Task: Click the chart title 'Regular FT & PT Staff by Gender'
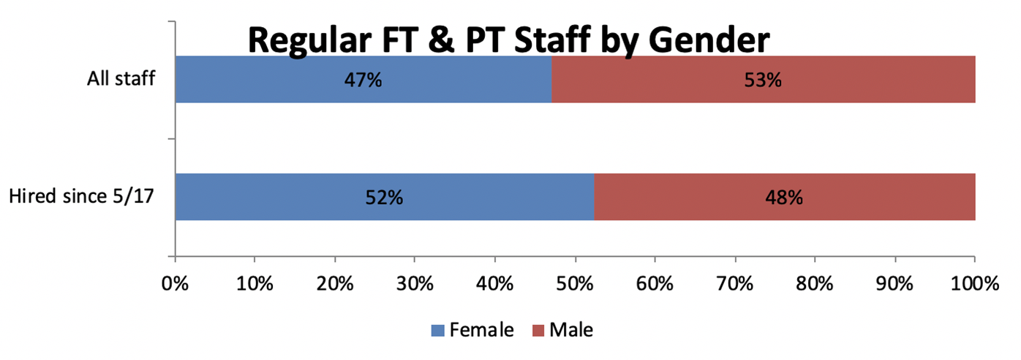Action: tap(508, 40)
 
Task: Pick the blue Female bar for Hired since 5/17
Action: tap(293, 197)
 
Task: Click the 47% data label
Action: tap(363, 79)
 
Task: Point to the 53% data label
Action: tap(763, 79)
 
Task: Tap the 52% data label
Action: tap(384, 197)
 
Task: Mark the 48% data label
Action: tap(784, 197)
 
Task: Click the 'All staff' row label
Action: tap(121, 78)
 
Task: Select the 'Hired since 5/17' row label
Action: tap(82, 196)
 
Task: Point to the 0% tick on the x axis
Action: tap(176, 283)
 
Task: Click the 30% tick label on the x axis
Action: tap(415, 283)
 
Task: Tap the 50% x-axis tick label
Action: tap(575, 283)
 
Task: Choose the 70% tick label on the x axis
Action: tap(735, 283)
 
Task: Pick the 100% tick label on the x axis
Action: tap(973, 283)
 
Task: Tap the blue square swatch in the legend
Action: tap(437, 331)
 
